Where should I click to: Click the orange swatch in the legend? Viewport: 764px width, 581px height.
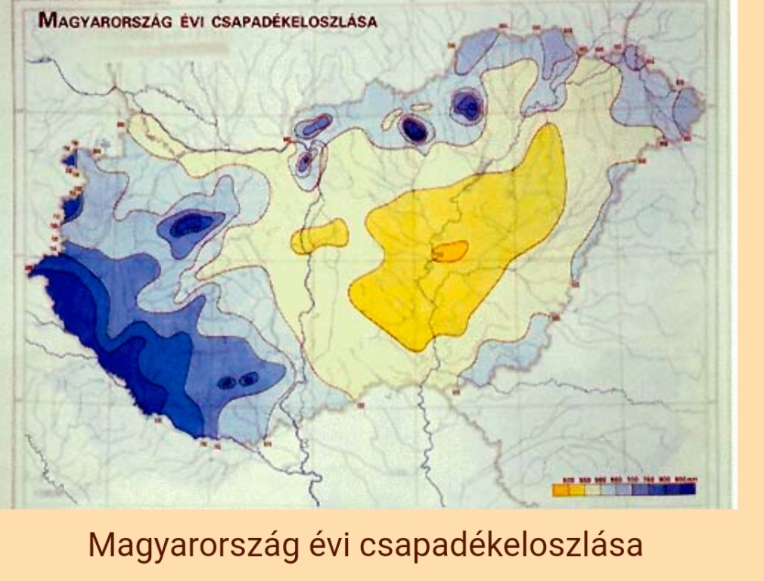coord(561,489)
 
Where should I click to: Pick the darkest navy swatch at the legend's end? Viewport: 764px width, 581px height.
coord(687,489)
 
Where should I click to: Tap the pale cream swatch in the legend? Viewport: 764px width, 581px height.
coord(597,489)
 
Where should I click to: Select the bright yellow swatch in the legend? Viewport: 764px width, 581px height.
coord(579,489)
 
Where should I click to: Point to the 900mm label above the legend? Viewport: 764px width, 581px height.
coord(685,479)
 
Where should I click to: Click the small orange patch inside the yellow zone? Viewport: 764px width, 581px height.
coord(449,251)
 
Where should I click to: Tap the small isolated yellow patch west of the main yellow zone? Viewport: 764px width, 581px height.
coord(319,236)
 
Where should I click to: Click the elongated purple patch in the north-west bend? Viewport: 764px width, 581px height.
coord(314,125)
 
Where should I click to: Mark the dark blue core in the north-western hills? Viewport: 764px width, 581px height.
coord(188,224)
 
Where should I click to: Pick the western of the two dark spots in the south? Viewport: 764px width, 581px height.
coord(226,383)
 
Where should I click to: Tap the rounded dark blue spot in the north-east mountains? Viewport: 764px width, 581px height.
coord(467,106)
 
